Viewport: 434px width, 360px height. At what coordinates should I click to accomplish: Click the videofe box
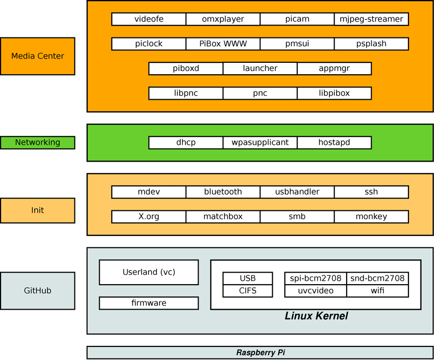149,19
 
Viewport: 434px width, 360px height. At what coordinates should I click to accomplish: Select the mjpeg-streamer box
371,19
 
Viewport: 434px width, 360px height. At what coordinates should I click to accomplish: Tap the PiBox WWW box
223,43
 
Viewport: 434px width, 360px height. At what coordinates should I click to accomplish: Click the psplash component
371,43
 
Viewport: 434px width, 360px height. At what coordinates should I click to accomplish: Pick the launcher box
260,68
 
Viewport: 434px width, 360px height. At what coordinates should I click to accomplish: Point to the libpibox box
334,93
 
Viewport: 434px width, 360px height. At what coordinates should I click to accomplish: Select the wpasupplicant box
260,143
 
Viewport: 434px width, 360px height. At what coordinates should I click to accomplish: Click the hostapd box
334,143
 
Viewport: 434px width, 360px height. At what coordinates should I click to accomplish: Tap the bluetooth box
223,192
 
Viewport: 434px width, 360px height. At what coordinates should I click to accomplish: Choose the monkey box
371,217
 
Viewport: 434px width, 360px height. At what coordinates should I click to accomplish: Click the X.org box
149,217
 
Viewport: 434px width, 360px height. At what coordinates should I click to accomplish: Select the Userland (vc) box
149,272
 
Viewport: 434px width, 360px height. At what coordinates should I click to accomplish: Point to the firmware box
149,303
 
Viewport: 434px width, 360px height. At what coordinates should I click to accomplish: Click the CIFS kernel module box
247,291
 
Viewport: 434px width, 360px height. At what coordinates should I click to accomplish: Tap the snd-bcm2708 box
378,279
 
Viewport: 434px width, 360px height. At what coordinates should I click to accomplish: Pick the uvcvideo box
315,291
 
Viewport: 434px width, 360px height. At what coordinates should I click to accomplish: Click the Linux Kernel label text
316,316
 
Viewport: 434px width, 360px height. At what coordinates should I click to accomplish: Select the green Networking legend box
37,143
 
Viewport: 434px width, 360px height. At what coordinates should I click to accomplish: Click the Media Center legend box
37,56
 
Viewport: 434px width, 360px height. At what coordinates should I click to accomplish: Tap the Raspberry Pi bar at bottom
260,352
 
